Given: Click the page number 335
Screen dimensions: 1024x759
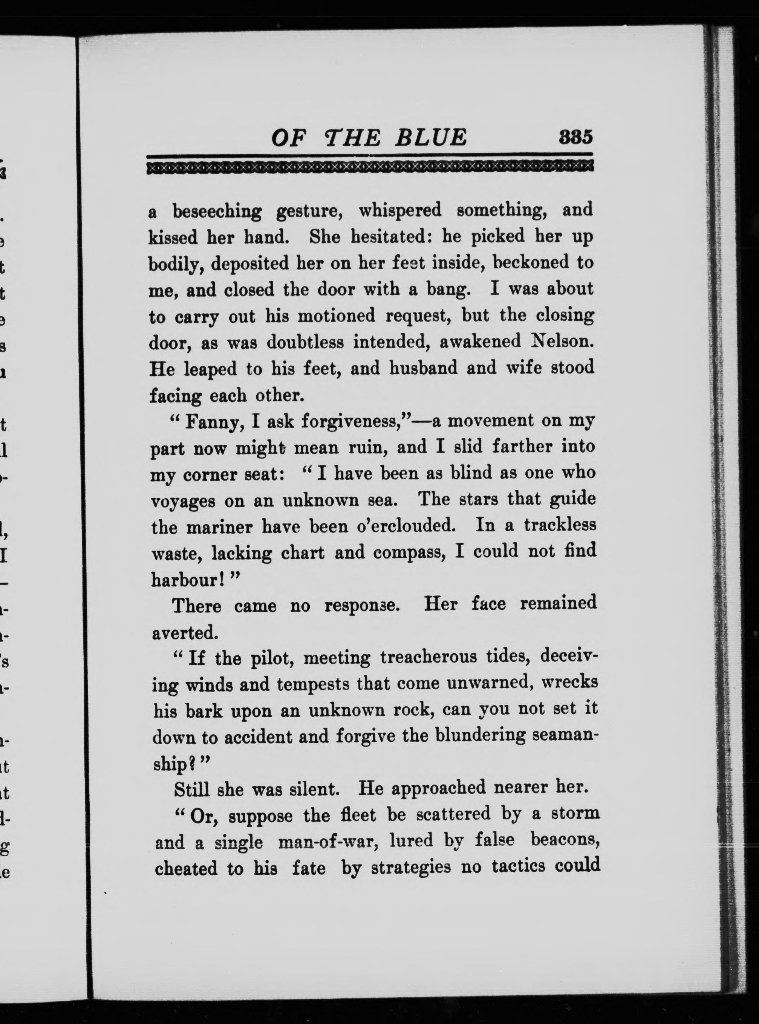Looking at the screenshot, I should coord(576,137).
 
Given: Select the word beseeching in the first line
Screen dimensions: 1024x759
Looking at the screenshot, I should coord(217,212).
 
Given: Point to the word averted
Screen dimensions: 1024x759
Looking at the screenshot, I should coord(184,633).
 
